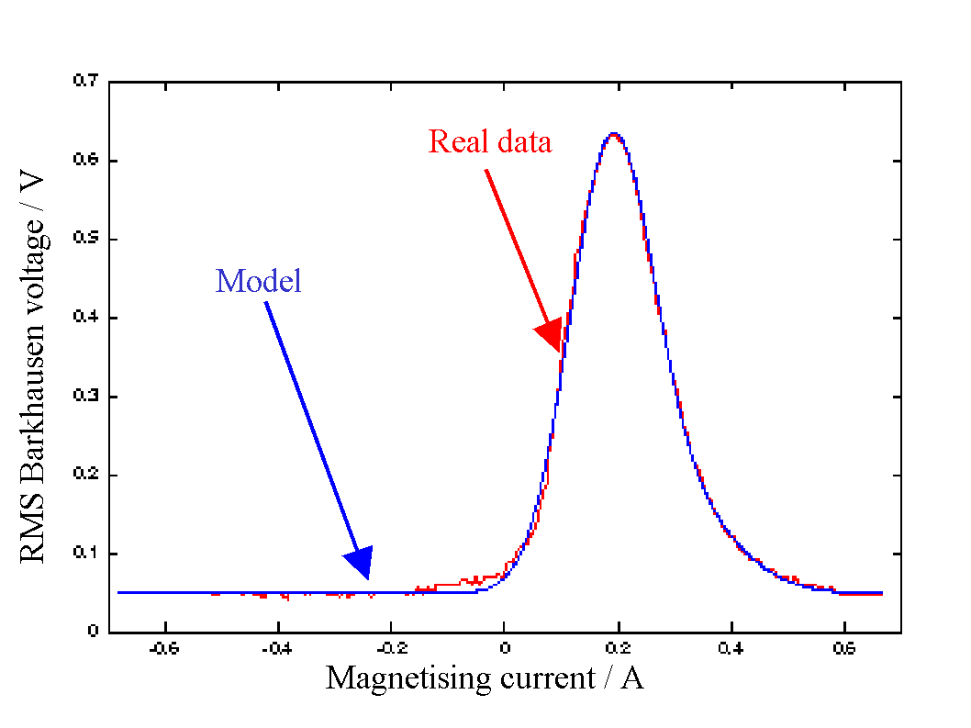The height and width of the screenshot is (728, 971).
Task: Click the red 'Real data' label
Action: tap(490, 142)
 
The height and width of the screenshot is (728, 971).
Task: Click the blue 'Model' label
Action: tap(259, 281)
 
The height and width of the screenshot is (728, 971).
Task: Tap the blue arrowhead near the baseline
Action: tap(360, 561)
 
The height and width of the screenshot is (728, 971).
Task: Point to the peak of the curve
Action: tap(613, 134)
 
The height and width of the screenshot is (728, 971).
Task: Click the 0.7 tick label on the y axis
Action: tap(86, 81)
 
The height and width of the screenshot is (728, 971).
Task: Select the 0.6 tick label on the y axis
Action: tap(86, 160)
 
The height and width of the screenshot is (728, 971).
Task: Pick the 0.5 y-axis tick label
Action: tap(86, 239)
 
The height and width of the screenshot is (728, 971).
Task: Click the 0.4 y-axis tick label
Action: tap(86, 318)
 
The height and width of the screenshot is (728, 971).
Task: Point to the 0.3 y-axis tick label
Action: tap(86, 397)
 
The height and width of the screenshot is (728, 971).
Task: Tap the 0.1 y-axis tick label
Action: tap(86, 554)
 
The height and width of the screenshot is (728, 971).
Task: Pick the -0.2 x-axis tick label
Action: tap(391, 647)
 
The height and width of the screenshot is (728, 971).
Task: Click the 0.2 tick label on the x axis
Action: tap(619, 647)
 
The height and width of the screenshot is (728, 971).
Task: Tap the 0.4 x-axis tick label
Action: tap(731, 647)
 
